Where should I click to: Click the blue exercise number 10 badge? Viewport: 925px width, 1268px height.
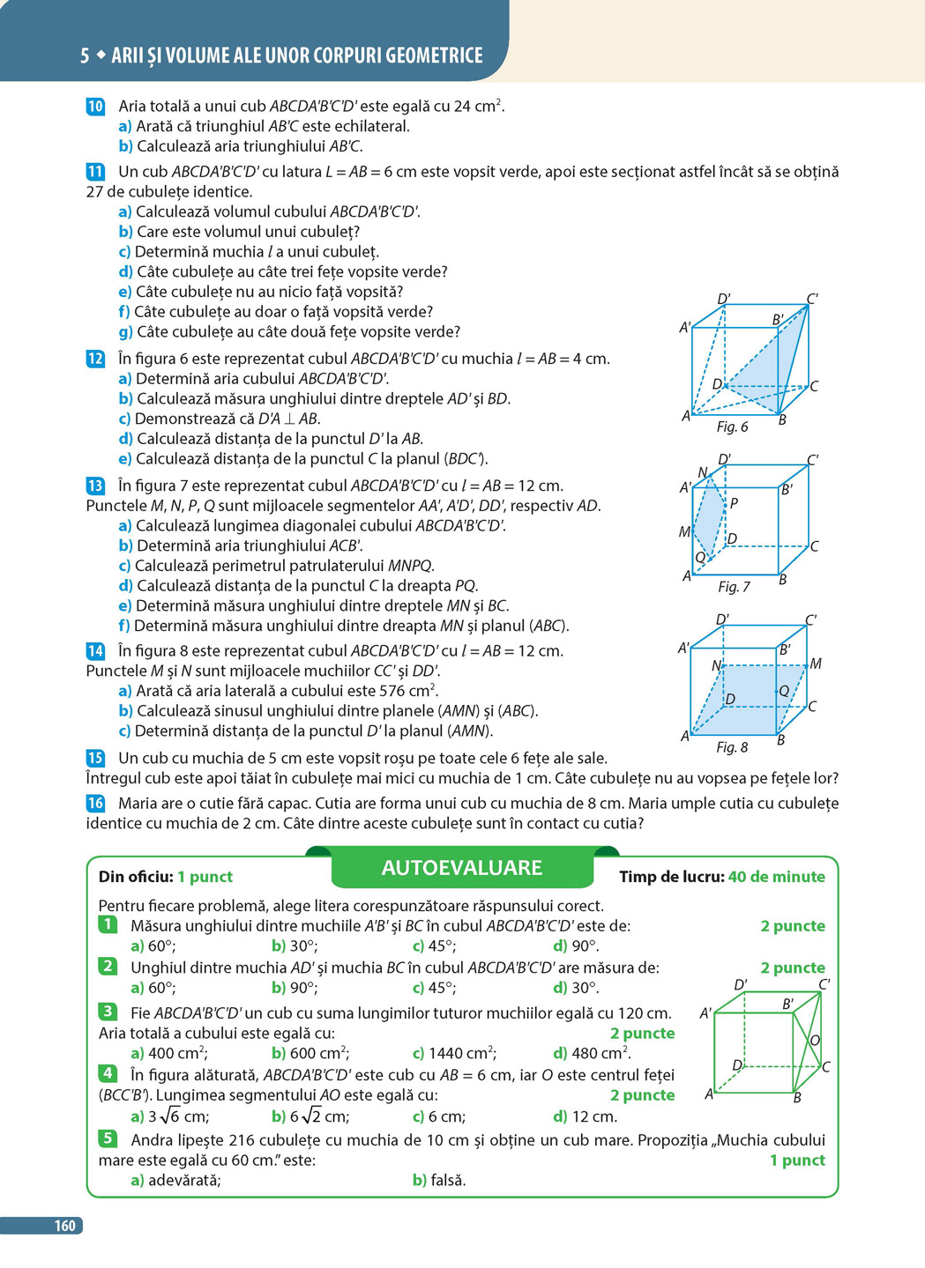(x=95, y=107)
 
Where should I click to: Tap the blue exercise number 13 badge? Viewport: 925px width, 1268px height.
(x=95, y=486)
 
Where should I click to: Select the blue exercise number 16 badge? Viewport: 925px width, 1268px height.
(x=95, y=803)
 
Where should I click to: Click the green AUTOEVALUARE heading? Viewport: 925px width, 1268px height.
(x=461, y=868)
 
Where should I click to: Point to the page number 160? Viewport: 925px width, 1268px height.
(x=64, y=1225)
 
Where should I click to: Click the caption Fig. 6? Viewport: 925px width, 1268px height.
(x=732, y=427)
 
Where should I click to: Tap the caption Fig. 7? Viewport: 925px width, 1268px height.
(x=734, y=587)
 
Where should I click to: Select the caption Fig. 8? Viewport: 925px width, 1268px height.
(x=732, y=747)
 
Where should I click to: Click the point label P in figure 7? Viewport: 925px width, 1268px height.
(x=734, y=504)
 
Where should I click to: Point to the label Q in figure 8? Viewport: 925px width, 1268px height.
(x=784, y=692)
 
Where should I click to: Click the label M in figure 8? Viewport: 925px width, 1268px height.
(x=816, y=664)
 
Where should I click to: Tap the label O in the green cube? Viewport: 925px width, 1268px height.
(x=815, y=1041)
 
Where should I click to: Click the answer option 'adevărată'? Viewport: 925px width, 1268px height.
(x=176, y=1180)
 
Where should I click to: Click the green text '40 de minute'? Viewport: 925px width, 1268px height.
(x=776, y=877)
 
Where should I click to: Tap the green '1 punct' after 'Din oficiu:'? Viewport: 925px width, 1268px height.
(x=205, y=877)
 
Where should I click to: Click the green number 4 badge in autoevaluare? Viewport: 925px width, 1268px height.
(x=108, y=1073)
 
